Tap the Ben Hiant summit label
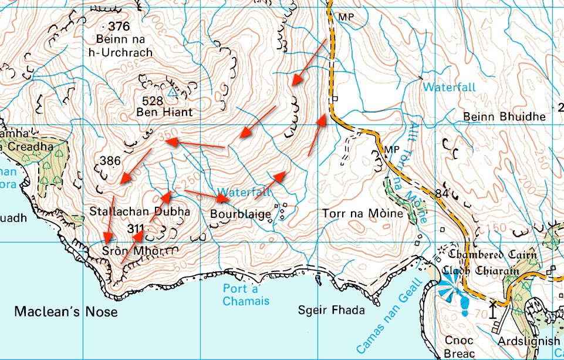(x=164, y=112)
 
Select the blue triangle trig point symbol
(x=172, y=93)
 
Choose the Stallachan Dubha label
(x=140, y=211)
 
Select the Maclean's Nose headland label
(x=65, y=312)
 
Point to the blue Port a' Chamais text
(x=246, y=295)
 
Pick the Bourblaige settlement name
(x=241, y=214)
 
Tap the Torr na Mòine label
(x=363, y=214)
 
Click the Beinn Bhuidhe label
(x=504, y=116)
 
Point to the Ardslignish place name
(x=529, y=342)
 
